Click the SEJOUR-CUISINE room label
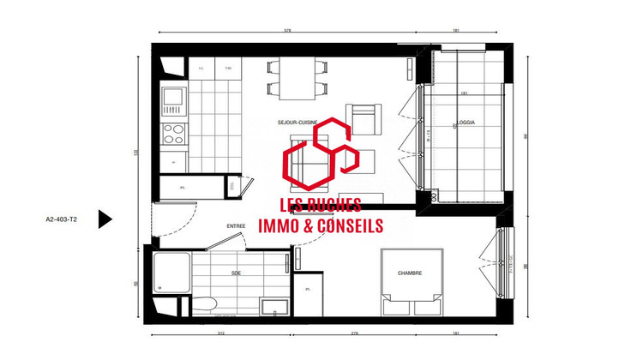click(293, 123)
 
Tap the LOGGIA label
click(466, 123)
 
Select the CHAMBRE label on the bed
click(410, 273)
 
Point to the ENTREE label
click(236, 226)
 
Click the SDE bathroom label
click(236, 273)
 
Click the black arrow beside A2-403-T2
click(105, 219)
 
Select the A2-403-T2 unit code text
click(61, 219)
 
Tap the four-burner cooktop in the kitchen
click(173, 134)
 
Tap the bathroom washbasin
click(274, 306)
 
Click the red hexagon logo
click(321, 158)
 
